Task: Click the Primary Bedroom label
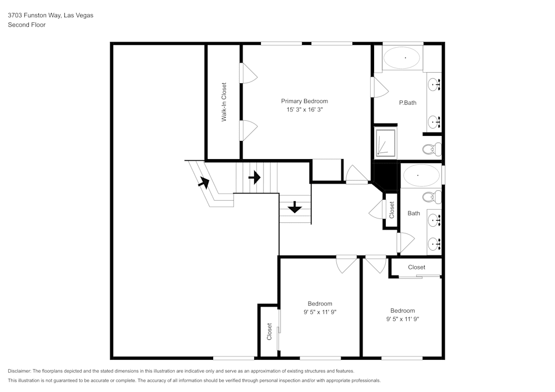[x=304, y=101]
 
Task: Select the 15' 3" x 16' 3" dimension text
[x=304, y=110]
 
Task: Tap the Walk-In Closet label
[x=224, y=103]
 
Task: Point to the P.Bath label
[x=408, y=103]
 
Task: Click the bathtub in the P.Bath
[x=403, y=58]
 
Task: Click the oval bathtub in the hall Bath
[x=421, y=176]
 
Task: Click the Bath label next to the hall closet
[x=413, y=213]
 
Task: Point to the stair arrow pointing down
[x=294, y=208]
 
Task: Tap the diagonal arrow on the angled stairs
[x=204, y=181]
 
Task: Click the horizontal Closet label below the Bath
[x=416, y=267]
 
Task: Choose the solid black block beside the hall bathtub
[x=386, y=175]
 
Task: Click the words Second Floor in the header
[x=27, y=25]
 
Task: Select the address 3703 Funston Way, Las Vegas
[x=51, y=16]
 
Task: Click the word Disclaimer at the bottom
[x=19, y=371]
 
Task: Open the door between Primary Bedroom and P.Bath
[x=379, y=87]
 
